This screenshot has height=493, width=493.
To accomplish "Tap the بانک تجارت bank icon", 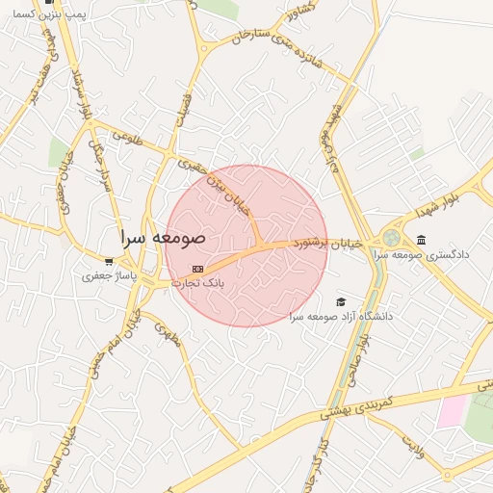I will (197, 269).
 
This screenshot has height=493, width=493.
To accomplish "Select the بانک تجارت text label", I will (197, 283).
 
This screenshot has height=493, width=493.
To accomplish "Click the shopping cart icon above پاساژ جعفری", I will (109, 261).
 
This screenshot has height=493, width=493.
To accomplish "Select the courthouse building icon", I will (421, 240).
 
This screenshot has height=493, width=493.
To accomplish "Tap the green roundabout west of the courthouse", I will (391, 238).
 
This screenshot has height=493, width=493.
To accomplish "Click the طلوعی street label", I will (126, 138).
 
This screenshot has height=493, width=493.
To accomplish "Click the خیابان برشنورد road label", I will (328, 246).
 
